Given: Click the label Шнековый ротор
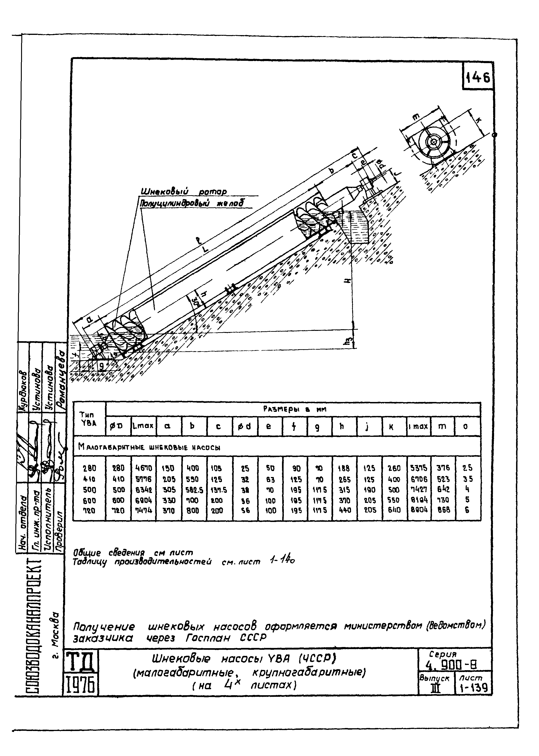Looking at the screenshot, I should click(x=184, y=192).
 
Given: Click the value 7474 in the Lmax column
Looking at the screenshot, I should click(x=143, y=510).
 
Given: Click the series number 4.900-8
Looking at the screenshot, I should click(x=453, y=665).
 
